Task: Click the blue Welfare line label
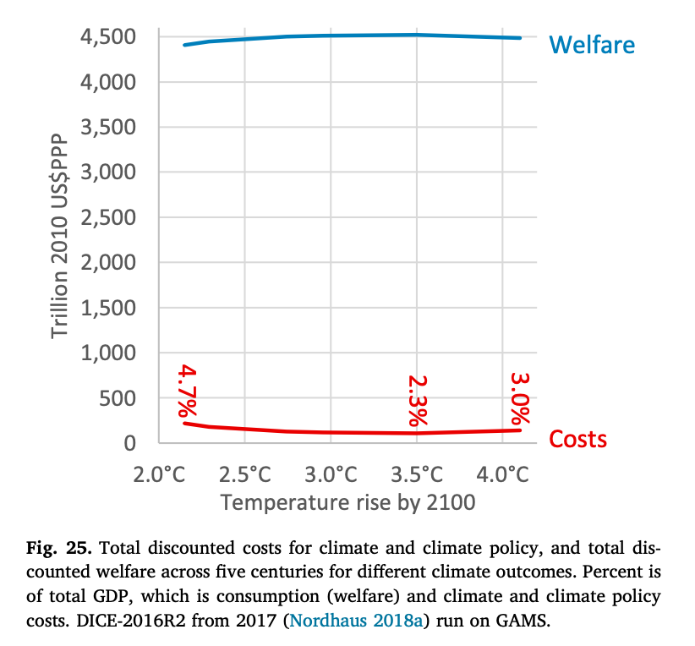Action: (592, 44)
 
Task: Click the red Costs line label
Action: (578, 440)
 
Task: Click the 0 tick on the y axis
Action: (130, 443)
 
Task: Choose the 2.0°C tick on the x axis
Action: (159, 474)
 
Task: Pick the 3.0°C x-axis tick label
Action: (331, 474)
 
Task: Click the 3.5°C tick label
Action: (417, 474)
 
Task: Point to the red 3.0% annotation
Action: (519, 398)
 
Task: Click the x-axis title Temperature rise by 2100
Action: (347, 503)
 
